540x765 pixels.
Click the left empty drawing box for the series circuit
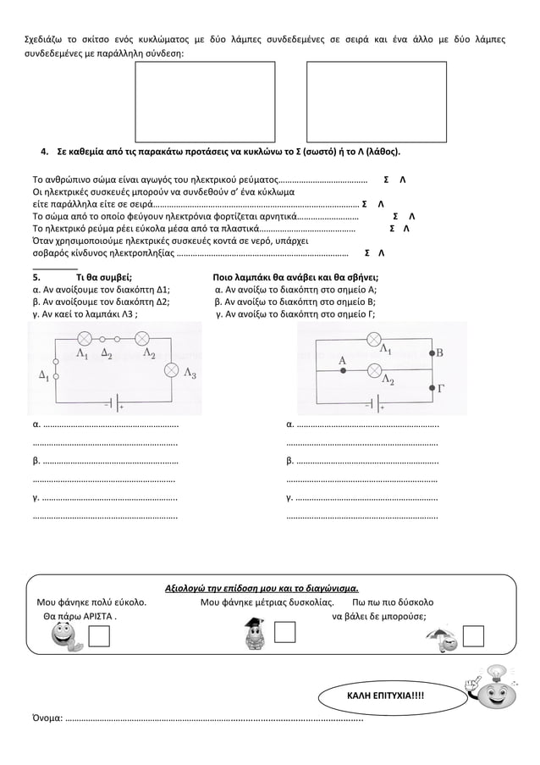coord(205,102)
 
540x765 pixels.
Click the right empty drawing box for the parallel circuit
coord(376,102)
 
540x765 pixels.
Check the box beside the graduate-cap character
coord(285,632)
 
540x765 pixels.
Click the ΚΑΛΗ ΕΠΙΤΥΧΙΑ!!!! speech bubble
coord(385,696)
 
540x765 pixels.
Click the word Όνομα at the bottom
coord(45,718)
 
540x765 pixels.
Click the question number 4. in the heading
coord(46,152)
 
